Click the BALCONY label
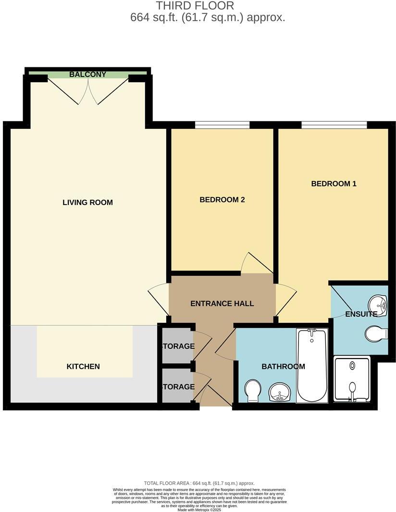tap(87, 75)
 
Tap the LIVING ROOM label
tap(87, 203)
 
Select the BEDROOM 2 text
tap(222, 200)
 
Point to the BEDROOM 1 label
tap(334, 184)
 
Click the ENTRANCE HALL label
tap(222, 304)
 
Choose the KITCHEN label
tap(83, 367)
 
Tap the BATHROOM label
tap(283, 367)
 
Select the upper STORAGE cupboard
tap(178, 345)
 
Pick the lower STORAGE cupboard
tap(178, 386)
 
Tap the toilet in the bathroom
tap(253, 390)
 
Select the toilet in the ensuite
tap(376, 333)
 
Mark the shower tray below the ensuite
tap(352, 379)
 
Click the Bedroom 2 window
tap(222, 126)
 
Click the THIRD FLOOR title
tap(195, 6)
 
